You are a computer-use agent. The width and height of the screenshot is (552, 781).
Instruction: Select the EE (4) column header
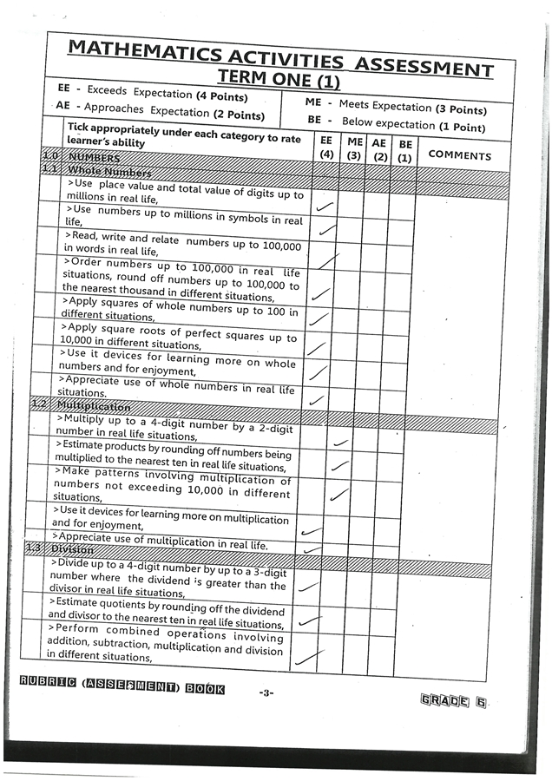[x=326, y=147]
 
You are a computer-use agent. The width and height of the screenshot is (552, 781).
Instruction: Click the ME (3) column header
[x=354, y=148]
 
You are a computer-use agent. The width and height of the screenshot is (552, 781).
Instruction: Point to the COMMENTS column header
[x=459, y=155]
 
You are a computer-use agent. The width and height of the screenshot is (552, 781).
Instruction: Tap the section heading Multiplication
[x=93, y=406]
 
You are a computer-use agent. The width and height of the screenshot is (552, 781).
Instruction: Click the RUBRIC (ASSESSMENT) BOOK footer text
[x=122, y=689]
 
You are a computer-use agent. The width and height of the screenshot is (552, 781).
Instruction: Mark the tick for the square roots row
[x=318, y=349]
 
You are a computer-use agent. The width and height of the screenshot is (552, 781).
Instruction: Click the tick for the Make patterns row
[x=339, y=496]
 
